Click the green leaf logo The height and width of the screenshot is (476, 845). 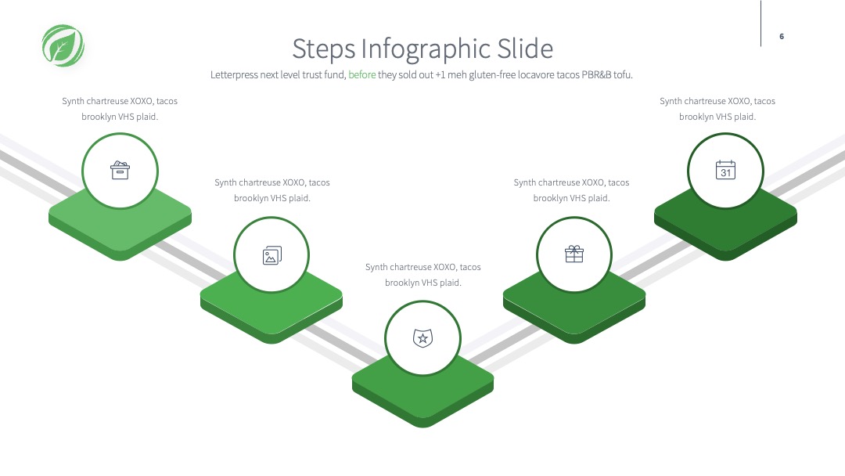(63, 46)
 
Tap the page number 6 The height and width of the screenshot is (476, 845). (782, 37)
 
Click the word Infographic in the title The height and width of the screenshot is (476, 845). (426, 49)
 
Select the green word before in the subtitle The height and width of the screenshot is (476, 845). (362, 75)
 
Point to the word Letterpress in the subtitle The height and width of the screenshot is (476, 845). (234, 75)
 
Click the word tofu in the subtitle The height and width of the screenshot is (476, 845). (623, 75)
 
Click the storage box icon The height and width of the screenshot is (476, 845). (120, 170)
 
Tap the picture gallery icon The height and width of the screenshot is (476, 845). (272, 255)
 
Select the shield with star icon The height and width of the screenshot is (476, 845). (423, 338)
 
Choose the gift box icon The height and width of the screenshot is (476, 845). (574, 254)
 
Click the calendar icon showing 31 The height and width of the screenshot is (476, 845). (725, 170)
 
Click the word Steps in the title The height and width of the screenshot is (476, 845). (324, 49)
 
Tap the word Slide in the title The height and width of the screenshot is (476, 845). (525, 49)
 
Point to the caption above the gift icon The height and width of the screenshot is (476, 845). (571, 190)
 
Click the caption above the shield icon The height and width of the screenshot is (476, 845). (423, 275)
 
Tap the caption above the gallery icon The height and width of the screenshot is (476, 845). (272, 190)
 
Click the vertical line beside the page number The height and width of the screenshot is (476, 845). (761, 23)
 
